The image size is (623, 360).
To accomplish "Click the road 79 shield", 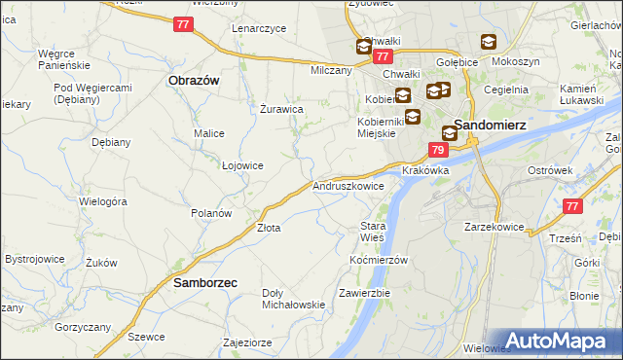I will pyautogui.click(x=438, y=150).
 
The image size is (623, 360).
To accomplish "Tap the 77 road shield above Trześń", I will pyautogui.click(x=573, y=206).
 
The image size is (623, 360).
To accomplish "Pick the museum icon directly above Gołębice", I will pyautogui.click(x=488, y=43).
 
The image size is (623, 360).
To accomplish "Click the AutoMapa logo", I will pyautogui.click(x=562, y=340).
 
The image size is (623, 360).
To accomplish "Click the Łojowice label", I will pyautogui.click(x=242, y=165).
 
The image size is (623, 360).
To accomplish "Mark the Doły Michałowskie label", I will pyautogui.click(x=293, y=299).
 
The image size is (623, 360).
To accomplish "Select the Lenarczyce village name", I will pyautogui.click(x=259, y=28).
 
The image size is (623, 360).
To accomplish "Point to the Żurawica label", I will pyautogui.click(x=284, y=109).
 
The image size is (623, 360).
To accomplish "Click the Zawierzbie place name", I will pyautogui.click(x=364, y=293).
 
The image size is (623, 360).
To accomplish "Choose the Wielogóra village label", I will pyautogui.click(x=104, y=202).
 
